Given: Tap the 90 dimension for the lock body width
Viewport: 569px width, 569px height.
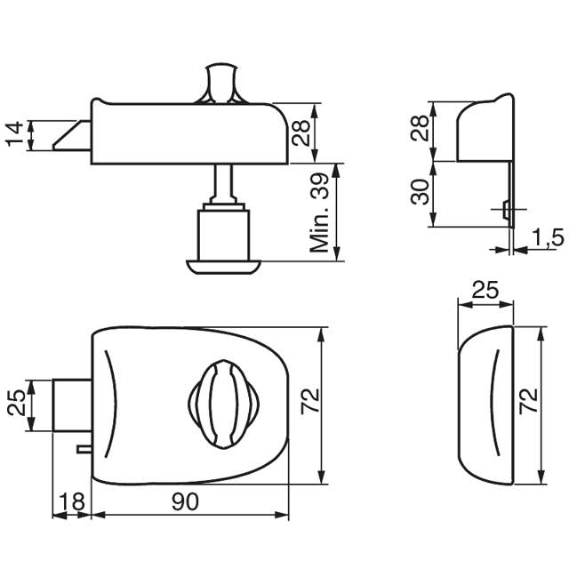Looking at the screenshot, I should click(x=185, y=502).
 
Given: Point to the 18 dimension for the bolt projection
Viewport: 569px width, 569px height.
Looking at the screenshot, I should click(x=72, y=502).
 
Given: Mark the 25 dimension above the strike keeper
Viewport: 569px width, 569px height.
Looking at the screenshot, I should click(x=485, y=291).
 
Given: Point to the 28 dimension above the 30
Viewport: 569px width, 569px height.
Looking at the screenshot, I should click(x=420, y=131).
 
